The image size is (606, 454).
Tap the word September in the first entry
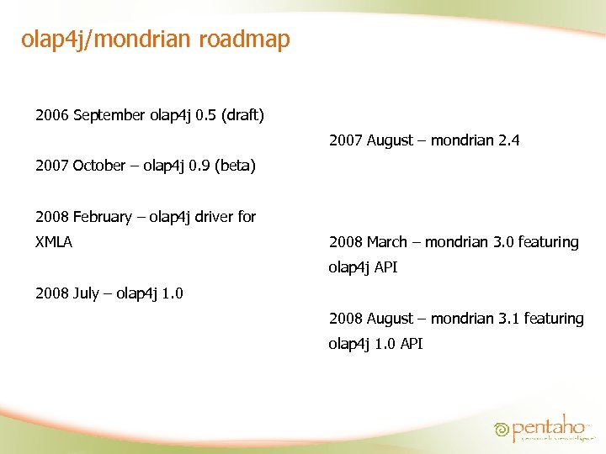pos(109,114)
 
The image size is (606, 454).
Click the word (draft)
pos(242,114)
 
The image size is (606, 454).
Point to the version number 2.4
pos(508,140)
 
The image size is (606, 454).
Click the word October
pos(99,166)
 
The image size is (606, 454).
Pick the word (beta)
pos(235,166)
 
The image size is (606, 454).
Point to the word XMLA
pos(54,242)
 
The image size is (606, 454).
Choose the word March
pos(387,242)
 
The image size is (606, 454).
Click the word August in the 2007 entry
pos(390,140)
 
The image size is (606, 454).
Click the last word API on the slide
pos(411,344)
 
